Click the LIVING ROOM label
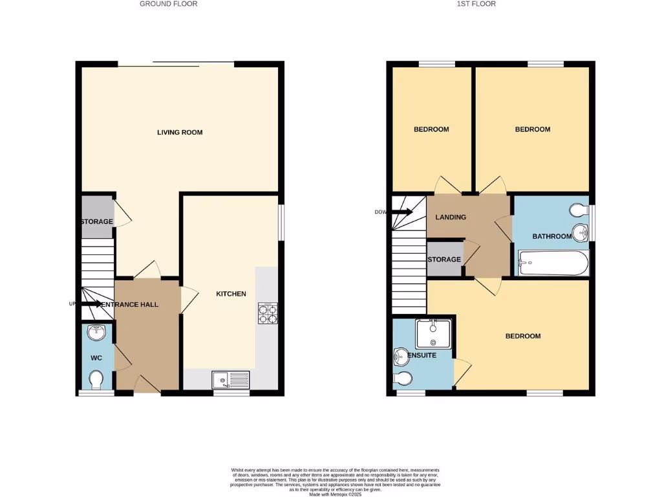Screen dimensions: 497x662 point(180,133)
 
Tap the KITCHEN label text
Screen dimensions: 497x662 point(231,294)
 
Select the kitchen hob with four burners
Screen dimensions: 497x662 point(267,313)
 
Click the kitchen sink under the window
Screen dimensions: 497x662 point(231,379)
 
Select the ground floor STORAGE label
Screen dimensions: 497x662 point(96,222)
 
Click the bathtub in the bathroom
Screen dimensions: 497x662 point(551,264)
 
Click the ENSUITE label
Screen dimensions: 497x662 point(422,356)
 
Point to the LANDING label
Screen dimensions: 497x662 point(451,217)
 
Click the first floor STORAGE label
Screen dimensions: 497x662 point(444,260)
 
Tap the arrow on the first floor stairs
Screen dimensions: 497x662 point(401,212)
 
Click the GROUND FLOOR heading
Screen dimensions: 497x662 point(169,4)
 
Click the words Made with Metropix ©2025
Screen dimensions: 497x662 point(335,495)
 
